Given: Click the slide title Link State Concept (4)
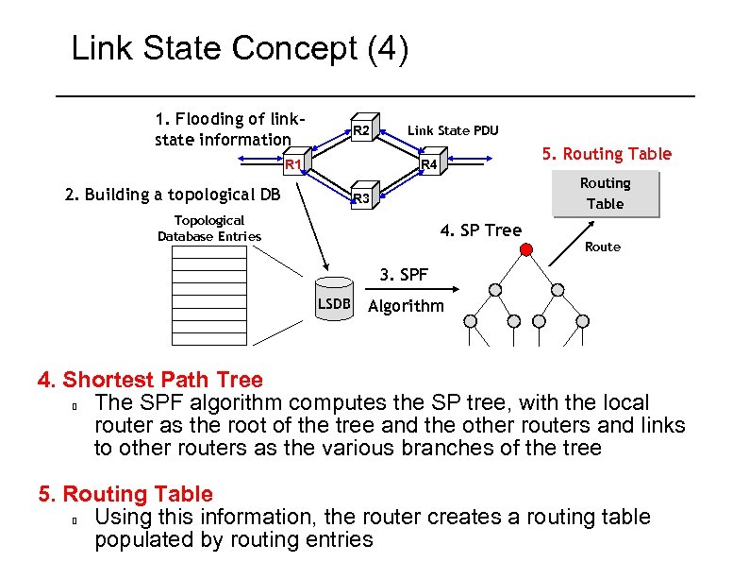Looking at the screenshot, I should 240,49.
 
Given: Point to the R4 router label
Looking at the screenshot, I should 429,165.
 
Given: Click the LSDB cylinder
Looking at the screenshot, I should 333,297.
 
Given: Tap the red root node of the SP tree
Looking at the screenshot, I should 526,250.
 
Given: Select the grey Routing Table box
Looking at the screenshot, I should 605,194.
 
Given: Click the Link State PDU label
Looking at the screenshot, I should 453,130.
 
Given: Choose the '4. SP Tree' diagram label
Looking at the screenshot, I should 481,230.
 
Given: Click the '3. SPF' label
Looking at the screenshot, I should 404,275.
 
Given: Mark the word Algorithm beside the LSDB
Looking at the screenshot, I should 406,305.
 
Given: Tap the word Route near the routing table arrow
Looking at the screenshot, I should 603,247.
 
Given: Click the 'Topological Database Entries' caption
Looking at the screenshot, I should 208,228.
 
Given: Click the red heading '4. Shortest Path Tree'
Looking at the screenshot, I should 150,380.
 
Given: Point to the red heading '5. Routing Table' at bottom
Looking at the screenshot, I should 125,493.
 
